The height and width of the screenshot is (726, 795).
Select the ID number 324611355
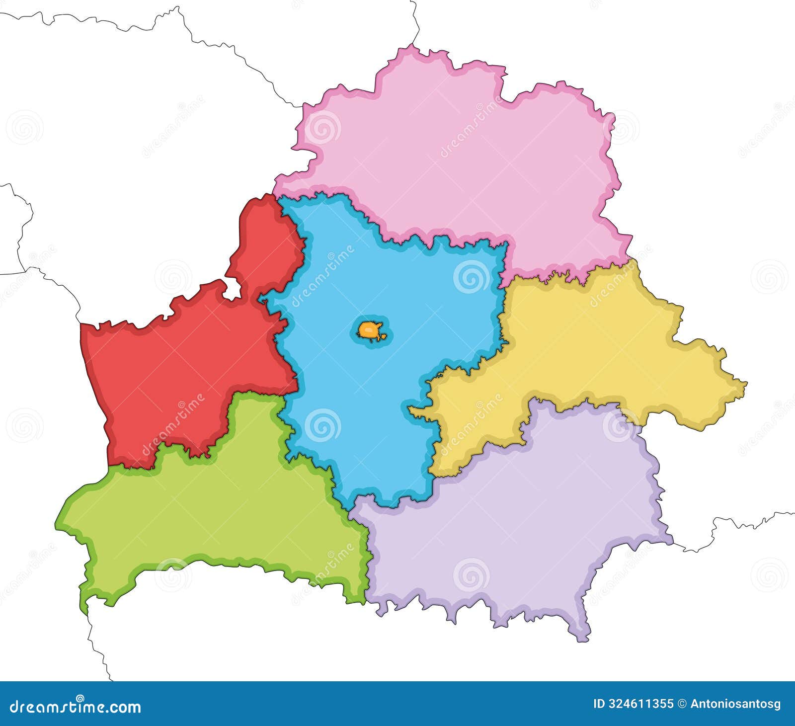[x=640, y=704]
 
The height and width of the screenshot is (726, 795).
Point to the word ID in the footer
[x=600, y=704]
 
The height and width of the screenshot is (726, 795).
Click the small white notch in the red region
[x=232, y=290]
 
